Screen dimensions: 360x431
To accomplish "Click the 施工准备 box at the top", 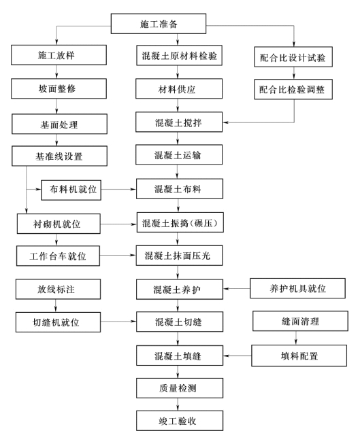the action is (159, 24).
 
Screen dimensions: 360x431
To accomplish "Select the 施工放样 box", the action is (59, 55).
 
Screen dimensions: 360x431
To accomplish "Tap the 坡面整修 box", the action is (59, 88).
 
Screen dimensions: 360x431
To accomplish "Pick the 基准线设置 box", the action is (59, 156).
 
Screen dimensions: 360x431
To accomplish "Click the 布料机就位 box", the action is (71, 190).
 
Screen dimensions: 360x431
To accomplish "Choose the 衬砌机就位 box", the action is (59, 224).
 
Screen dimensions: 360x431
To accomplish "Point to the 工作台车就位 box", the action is (58, 256).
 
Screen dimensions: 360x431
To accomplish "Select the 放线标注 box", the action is (58, 289).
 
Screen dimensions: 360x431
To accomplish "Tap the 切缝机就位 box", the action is (58, 322).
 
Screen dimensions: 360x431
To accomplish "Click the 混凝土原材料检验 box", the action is (179, 56).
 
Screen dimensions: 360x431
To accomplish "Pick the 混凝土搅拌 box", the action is (179, 122).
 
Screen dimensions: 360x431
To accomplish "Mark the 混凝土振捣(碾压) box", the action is (180, 222).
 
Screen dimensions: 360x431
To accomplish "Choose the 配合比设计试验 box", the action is (293, 57).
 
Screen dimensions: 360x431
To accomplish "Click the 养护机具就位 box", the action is (297, 288).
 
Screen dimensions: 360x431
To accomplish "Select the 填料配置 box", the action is (299, 356).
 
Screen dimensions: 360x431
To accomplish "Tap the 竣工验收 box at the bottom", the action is (180, 421).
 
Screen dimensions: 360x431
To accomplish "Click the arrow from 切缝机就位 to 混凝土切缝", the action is (118, 321).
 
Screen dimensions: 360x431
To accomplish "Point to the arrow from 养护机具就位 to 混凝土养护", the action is (237, 289).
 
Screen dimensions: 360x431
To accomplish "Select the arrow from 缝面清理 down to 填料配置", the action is (296, 338).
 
